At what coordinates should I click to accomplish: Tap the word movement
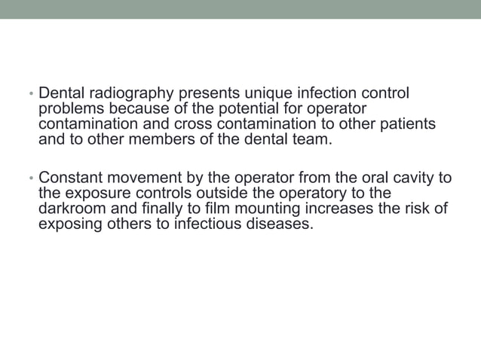point(137,178)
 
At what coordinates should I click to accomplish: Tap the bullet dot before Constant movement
point(30,180)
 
